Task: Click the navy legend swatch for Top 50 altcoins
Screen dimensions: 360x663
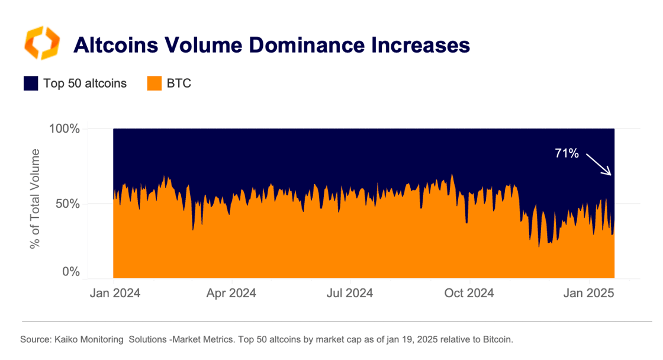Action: [x=31, y=83]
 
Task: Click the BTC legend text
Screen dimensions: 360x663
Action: [x=179, y=83]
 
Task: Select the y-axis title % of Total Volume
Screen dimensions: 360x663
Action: [x=36, y=200]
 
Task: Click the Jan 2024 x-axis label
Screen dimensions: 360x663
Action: [x=115, y=293]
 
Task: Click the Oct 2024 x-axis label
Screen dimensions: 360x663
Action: [x=469, y=293]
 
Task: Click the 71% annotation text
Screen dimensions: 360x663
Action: [x=567, y=154]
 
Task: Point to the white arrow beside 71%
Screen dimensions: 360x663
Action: [x=598, y=164]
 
